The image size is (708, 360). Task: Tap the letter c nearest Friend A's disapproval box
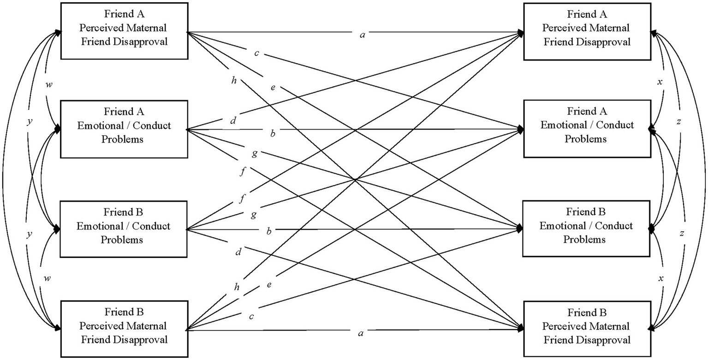pyautogui.click(x=257, y=54)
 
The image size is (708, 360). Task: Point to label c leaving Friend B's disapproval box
pyautogui.click(x=252, y=316)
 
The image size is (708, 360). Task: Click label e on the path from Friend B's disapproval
pyautogui.click(x=269, y=284)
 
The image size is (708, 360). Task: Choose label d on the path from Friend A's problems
pyautogui.click(x=234, y=121)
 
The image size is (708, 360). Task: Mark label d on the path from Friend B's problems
pyautogui.click(x=238, y=252)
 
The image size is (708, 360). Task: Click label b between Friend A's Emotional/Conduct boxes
pyautogui.click(x=272, y=134)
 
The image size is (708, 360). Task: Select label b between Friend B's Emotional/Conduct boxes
pyautogui.click(x=269, y=230)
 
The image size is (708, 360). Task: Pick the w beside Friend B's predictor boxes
pyautogui.click(x=47, y=278)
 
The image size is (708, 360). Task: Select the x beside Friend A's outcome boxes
pyautogui.click(x=660, y=81)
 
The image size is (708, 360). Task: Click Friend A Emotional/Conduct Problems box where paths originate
pyautogui.click(x=123, y=129)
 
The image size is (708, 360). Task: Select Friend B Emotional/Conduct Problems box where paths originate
pyautogui.click(x=123, y=229)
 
